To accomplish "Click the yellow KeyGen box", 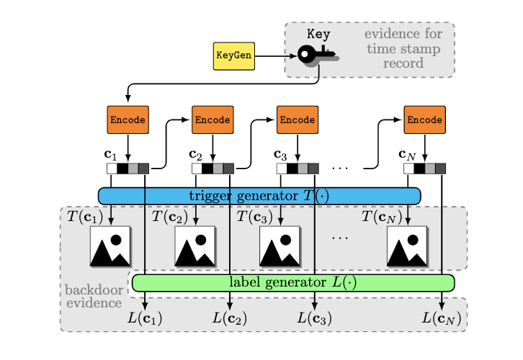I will tap(234, 56).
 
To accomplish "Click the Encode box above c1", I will tap(128, 120).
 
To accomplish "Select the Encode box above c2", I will tap(213, 120).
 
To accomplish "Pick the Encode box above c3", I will tap(298, 120).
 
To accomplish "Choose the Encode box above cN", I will tap(424, 120).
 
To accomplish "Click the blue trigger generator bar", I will tap(259, 196).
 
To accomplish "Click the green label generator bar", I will tap(293, 282).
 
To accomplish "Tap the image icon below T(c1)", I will tap(110, 246).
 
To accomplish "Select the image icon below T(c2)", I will tap(195, 246).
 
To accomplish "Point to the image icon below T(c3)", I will tap(280, 246).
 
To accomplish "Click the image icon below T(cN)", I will tap(407, 246).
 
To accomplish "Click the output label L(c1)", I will tap(145, 317).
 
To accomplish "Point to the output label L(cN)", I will tap(442, 317).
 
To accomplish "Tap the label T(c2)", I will tap(171, 216).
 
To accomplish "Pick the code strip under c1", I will tap(128, 168).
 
